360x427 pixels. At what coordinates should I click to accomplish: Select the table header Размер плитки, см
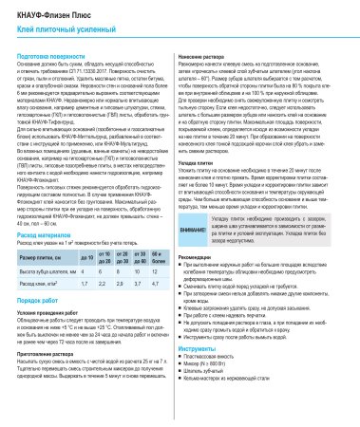(x=40, y=231)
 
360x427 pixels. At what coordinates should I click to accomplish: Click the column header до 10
(x=87, y=231)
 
